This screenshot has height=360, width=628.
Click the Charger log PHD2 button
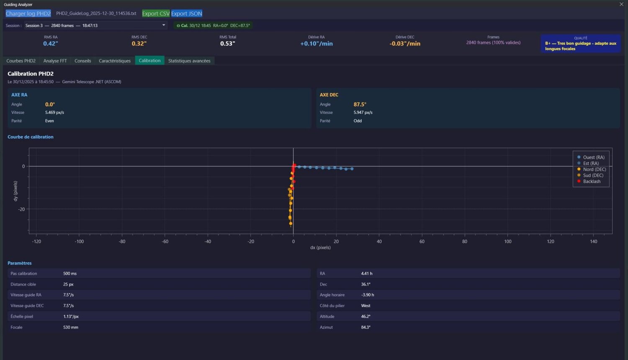click(x=28, y=13)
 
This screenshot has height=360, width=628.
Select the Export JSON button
click(x=186, y=13)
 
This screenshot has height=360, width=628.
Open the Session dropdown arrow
click(x=164, y=25)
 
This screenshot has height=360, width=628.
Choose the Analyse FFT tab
click(x=55, y=61)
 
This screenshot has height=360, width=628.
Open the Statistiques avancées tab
click(x=189, y=61)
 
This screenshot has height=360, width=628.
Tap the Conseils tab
click(x=82, y=61)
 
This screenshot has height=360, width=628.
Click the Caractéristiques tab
click(x=115, y=61)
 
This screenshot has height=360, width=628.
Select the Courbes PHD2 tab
click(x=21, y=61)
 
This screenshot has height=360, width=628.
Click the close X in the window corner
click(x=621, y=4)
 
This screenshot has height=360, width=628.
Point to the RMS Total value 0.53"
click(x=228, y=44)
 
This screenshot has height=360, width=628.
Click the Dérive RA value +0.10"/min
click(x=317, y=44)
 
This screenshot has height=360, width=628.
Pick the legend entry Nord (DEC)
click(x=594, y=170)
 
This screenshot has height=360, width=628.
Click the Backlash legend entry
click(x=592, y=181)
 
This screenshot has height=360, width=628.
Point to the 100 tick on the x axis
click(x=508, y=242)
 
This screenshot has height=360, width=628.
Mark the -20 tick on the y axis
click(x=21, y=209)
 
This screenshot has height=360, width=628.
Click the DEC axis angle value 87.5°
click(x=360, y=104)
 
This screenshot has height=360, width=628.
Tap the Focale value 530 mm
click(x=71, y=327)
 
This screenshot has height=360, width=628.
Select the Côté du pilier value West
click(x=365, y=306)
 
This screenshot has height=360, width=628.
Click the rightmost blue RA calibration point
click(x=352, y=169)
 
